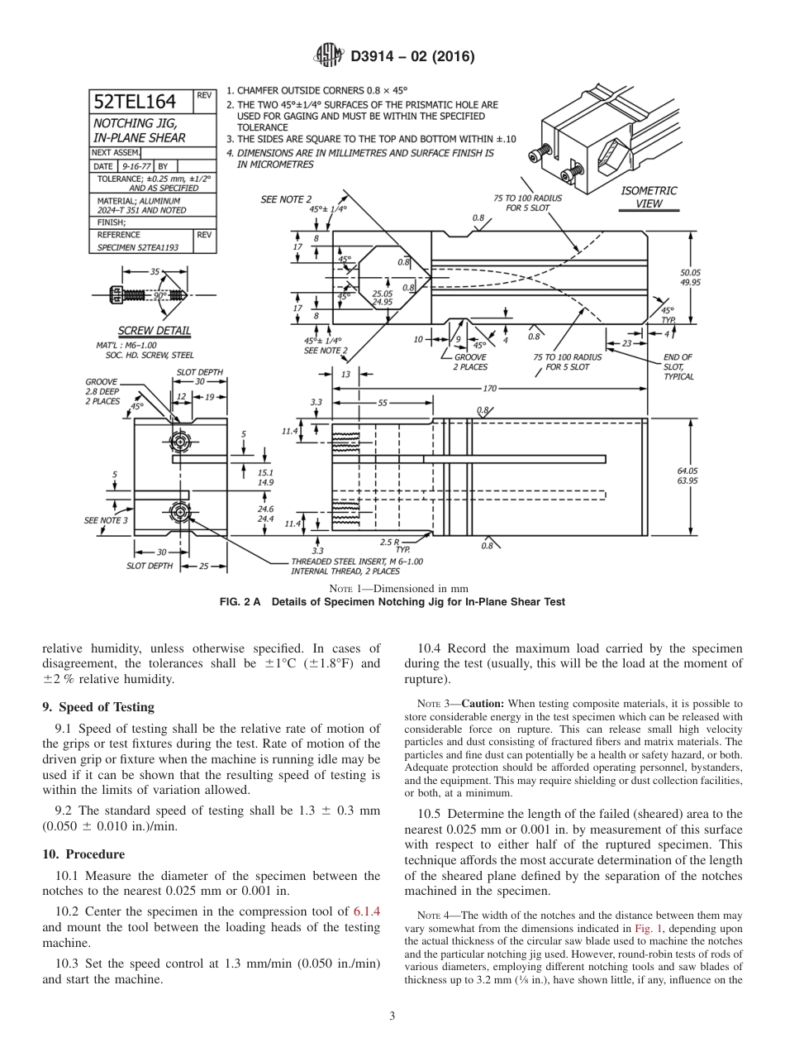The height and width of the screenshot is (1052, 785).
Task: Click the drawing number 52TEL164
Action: (135, 102)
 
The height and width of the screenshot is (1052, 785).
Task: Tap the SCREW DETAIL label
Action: (154, 331)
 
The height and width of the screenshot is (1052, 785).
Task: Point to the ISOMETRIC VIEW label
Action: (648, 197)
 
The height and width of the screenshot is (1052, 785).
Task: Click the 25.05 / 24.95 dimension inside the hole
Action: (382, 298)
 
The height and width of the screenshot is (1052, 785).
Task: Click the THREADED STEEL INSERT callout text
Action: (357, 565)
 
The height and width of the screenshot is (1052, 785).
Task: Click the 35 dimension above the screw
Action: (155, 271)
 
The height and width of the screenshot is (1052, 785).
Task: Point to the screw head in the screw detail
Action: (117, 294)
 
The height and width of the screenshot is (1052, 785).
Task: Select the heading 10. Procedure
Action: (83, 854)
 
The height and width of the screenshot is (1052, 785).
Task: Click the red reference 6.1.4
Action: (366, 911)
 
